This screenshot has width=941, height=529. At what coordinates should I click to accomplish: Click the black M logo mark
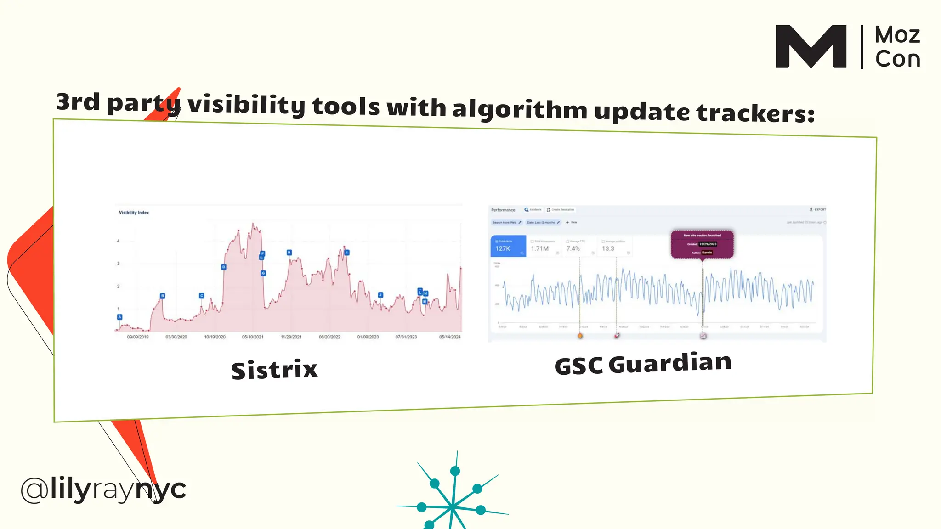(x=811, y=46)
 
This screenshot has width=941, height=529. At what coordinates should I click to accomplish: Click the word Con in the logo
(x=897, y=59)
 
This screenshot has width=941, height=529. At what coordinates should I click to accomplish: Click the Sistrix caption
(x=274, y=370)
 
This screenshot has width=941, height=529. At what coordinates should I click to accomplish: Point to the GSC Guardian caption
(x=643, y=363)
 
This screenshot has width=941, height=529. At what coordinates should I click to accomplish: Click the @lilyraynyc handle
(x=103, y=489)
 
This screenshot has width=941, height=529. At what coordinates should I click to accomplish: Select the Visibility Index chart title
(x=134, y=213)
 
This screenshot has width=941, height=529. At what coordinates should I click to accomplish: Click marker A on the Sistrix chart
(x=120, y=317)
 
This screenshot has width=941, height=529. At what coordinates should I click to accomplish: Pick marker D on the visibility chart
(x=224, y=267)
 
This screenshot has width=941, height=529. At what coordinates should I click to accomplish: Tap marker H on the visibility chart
(x=289, y=253)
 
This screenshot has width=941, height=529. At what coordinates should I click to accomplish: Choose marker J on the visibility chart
(x=380, y=295)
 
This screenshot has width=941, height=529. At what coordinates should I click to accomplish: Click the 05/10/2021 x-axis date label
(x=253, y=337)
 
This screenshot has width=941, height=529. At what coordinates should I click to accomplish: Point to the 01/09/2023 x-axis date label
(x=368, y=337)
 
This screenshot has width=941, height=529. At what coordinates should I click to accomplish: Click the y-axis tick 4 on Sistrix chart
(x=118, y=241)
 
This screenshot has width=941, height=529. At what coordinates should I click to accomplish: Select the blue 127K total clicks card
(x=508, y=246)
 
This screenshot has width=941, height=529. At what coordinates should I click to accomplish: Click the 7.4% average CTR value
(x=573, y=248)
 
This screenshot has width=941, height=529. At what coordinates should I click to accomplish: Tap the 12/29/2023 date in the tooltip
(x=708, y=244)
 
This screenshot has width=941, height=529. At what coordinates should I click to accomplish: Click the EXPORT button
(x=818, y=209)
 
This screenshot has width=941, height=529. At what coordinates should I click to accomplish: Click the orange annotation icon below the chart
(x=580, y=336)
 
